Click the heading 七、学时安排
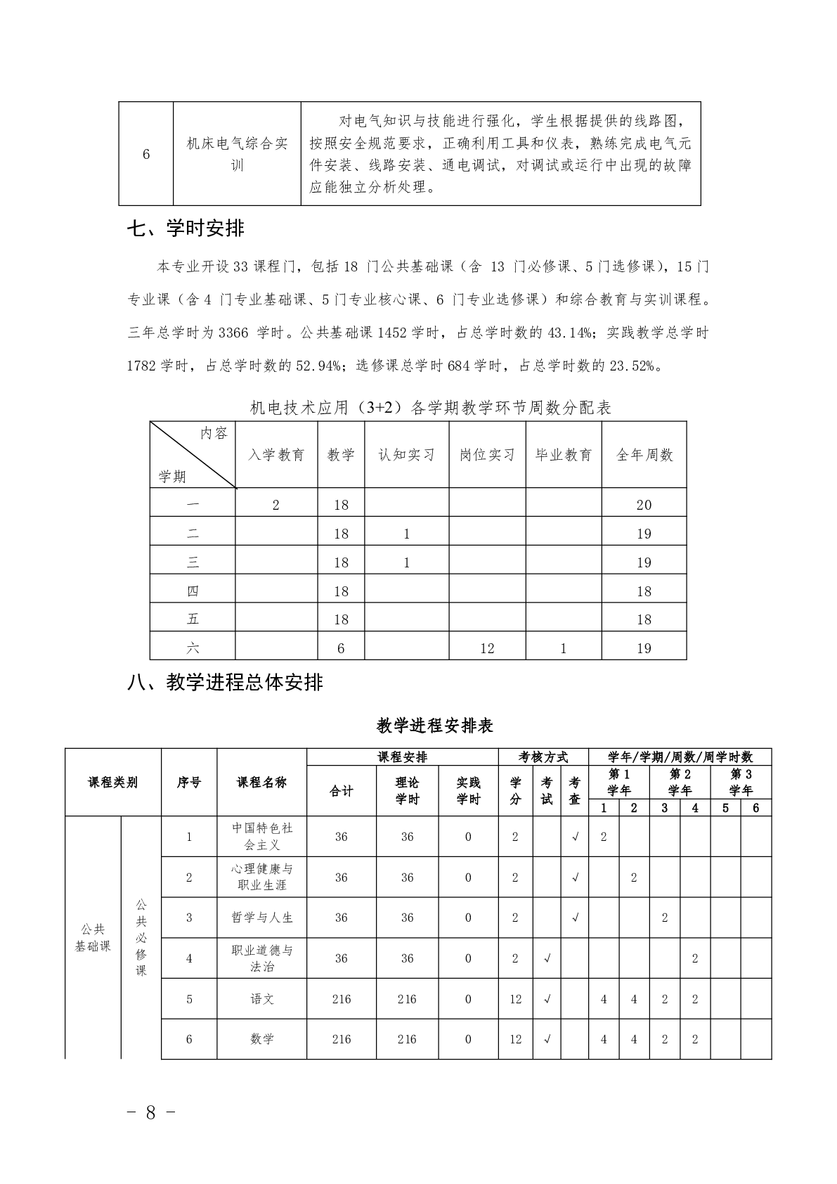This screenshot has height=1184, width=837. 186,229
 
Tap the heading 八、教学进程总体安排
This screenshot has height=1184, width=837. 225,682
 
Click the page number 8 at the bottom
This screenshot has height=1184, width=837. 150,1112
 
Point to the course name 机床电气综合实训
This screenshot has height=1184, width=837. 237,155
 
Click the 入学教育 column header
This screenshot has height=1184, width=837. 276,455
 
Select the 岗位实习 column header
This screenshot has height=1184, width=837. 487,455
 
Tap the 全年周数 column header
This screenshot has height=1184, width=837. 644,455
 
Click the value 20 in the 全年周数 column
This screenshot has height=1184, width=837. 644,505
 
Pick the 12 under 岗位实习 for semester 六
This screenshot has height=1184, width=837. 487,648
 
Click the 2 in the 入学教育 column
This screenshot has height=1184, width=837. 276,505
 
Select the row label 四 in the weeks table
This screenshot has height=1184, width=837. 193,591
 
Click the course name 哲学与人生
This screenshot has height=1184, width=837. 262,918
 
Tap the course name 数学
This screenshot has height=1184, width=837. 262,1039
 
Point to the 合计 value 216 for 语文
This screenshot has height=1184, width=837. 342,999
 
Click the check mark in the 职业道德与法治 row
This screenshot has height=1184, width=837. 547,958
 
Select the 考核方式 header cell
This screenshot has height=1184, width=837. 543,757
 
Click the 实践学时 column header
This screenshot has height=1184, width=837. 468,791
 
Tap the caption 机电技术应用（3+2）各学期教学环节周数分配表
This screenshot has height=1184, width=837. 431,408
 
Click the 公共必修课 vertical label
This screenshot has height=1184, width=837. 141,937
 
